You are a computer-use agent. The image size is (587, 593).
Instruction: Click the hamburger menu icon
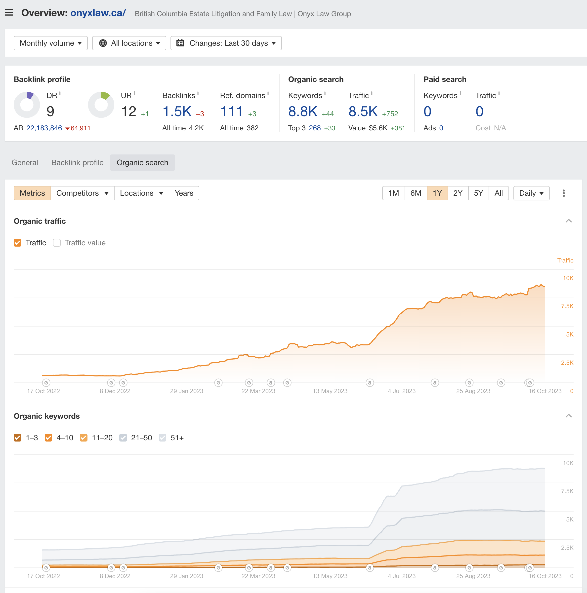9,13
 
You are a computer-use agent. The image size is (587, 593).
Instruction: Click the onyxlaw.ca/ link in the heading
98,13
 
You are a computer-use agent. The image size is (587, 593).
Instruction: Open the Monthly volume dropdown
51,43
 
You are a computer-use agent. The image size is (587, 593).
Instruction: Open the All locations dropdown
129,43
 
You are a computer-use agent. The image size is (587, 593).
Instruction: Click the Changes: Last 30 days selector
226,43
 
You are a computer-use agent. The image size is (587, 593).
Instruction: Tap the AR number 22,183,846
44,128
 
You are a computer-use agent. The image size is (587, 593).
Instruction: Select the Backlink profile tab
77,162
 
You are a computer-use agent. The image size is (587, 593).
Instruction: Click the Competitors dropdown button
82,193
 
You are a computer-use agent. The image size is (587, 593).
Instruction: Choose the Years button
184,193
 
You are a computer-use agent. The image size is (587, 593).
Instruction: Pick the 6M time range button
416,193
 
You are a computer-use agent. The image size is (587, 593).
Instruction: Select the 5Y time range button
478,193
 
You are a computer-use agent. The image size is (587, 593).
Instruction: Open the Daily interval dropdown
531,193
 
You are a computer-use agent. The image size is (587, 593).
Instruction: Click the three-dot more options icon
563,193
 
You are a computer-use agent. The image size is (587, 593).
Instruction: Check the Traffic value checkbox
57,243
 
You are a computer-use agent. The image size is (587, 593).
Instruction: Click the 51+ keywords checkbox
163,438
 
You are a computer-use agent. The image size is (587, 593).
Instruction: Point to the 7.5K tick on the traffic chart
567,306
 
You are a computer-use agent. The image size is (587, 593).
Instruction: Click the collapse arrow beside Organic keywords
569,416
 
